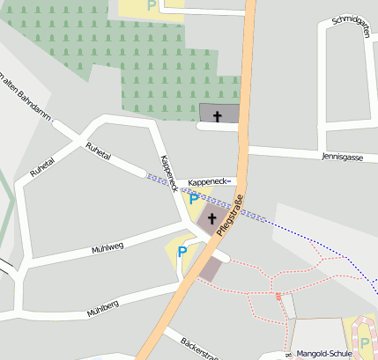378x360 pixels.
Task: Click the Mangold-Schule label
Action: (324, 353)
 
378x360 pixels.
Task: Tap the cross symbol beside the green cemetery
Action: (217, 115)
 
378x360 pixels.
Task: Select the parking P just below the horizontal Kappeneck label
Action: (194, 200)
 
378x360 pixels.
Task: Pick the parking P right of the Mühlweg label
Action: (182, 252)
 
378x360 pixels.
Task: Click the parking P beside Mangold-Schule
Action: (365, 343)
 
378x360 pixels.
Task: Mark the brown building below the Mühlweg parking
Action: (211, 268)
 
